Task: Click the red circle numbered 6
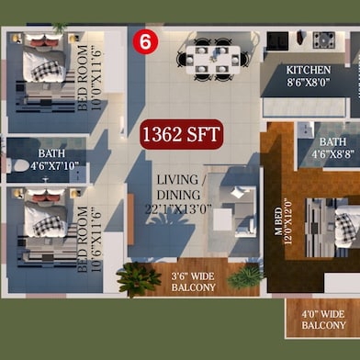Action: coord(145,42)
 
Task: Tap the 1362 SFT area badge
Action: coord(182,134)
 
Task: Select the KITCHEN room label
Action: coord(309,70)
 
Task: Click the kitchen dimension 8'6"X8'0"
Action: coord(309,82)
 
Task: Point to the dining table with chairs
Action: coord(213,60)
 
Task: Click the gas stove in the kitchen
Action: coord(324,39)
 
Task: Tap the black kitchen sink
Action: coord(277,40)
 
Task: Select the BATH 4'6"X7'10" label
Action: coord(54,160)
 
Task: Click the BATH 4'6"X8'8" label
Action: coord(333,148)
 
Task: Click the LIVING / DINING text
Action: coord(179,187)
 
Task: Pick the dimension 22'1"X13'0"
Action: coord(178,209)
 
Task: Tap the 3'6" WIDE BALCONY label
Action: coord(194,282)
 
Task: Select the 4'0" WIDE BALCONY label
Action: coord(323,320)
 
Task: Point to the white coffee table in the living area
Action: coord(222,219)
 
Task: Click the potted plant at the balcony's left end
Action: coord(139,278)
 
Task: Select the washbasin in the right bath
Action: coord(305,130)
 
